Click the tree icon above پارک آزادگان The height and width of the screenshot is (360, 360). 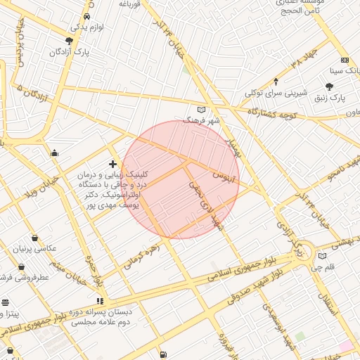[69, 41]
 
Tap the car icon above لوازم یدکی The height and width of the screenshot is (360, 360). [86, 16]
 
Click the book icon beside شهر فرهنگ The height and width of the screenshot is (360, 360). [202, 110]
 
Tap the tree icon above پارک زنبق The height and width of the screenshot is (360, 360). [329, 86]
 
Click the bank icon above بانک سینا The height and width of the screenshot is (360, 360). [344, 60]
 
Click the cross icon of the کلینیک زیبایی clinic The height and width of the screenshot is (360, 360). [112, 163]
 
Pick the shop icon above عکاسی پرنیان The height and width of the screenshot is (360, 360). [35, 238]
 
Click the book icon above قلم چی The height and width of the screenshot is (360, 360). [322, 256]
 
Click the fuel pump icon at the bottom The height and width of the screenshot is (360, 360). [163, 354]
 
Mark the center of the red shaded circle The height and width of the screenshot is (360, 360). [181, 179]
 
